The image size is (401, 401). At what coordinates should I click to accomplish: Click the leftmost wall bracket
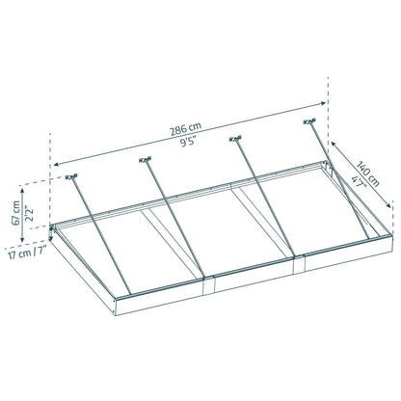tap(71, 177)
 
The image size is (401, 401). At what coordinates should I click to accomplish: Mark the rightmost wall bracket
tap(309, 121)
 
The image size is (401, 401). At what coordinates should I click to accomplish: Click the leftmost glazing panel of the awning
tap(135, 255)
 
